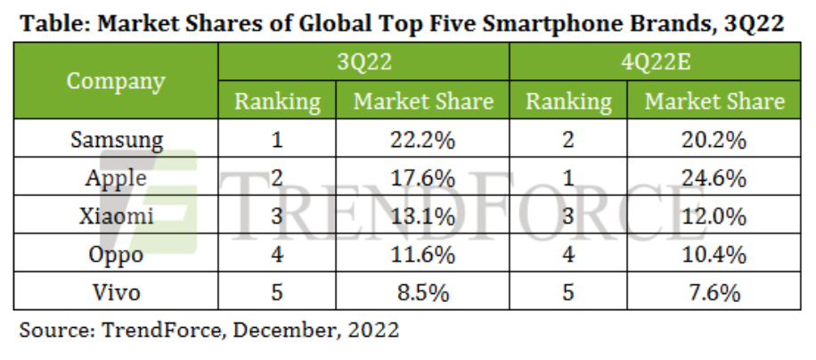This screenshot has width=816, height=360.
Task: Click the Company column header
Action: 116,82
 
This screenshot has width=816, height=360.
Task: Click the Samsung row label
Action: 116,140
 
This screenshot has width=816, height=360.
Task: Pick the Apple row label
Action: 116,177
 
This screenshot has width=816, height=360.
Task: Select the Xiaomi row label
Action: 116,216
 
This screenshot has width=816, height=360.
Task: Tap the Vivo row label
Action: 116,290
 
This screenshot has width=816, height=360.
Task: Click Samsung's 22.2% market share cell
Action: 422,140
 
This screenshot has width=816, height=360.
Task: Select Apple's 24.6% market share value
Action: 714,177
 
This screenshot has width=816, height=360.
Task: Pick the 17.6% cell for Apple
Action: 422,177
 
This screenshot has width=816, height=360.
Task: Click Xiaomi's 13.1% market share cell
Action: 422,216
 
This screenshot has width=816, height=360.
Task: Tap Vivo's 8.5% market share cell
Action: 422,290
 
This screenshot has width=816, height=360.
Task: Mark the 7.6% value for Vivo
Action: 714,290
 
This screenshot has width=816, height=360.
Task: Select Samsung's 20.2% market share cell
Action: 714,140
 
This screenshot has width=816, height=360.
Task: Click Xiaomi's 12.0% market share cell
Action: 714,216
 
